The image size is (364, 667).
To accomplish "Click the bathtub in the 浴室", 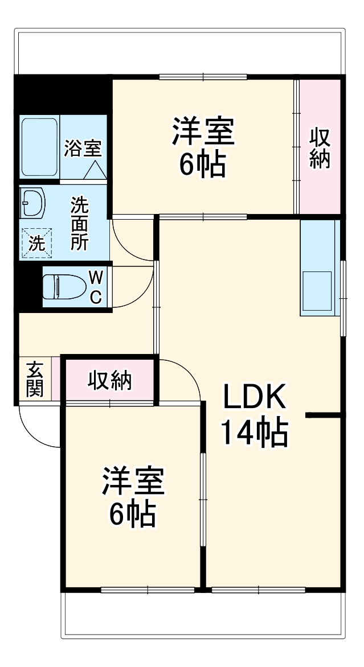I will (x=39, y=147).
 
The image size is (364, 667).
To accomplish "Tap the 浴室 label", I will (x=83, y=149).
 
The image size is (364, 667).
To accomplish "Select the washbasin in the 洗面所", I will (x=32, y=203).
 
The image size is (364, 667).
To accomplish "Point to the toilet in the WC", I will (x=62, y=286).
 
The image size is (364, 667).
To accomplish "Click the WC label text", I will (x=96, y=287).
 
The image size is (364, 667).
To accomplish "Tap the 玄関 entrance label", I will (x=35, y=380).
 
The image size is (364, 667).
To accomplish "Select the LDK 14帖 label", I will (x=254, y=415).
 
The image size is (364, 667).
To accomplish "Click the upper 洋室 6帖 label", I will (x=203, y=147).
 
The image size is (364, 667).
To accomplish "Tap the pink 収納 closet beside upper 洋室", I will (x=320, y=148).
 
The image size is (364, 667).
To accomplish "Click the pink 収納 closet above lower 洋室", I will (x=109, y=381).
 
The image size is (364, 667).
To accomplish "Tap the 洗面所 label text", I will (x=79, y=224).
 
